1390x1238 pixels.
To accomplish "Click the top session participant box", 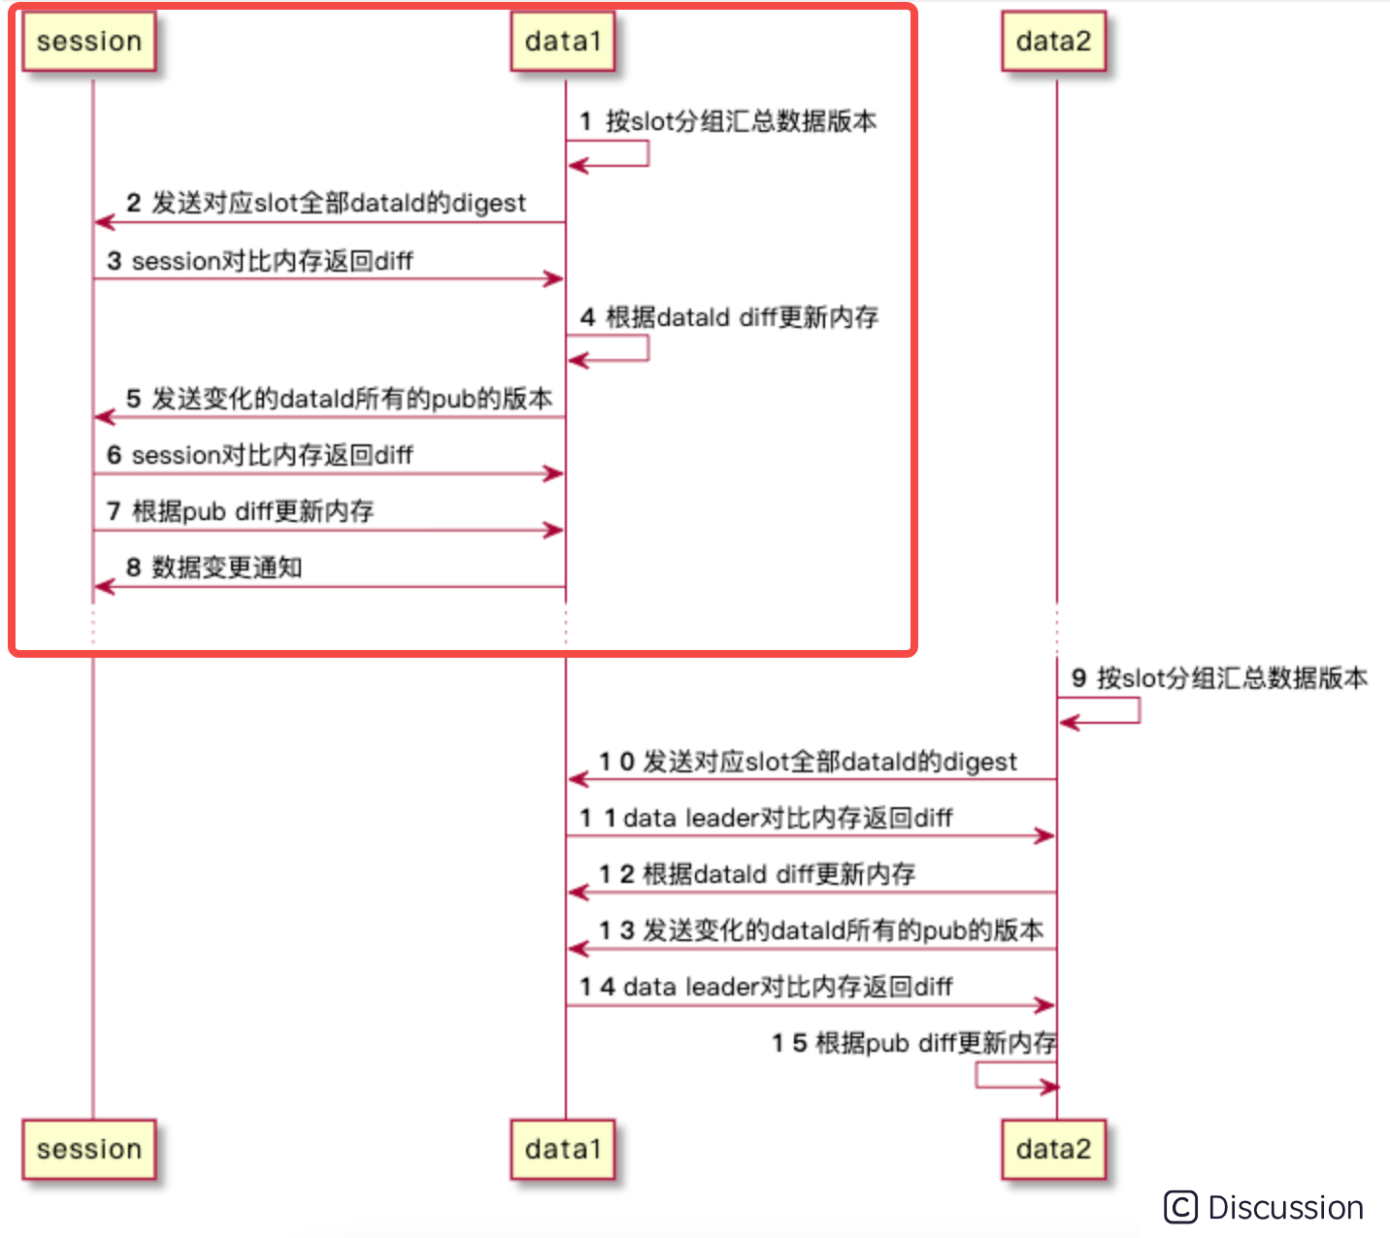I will [x=89, y=42].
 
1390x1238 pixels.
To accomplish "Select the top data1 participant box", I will [x=563, y=42].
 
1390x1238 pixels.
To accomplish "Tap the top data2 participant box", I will [x=1053, y=42].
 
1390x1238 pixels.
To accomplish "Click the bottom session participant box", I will [x=89, y=1150].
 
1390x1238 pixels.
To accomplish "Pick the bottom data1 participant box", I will [x=563, y=1150].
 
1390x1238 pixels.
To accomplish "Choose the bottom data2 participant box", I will [x=1053, y=1150].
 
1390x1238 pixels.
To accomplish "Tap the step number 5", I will [x=134, y=399].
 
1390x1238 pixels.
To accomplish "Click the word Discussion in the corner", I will [x=1285, y=1208].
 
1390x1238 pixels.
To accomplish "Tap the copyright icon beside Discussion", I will [x=1180, y=1208].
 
